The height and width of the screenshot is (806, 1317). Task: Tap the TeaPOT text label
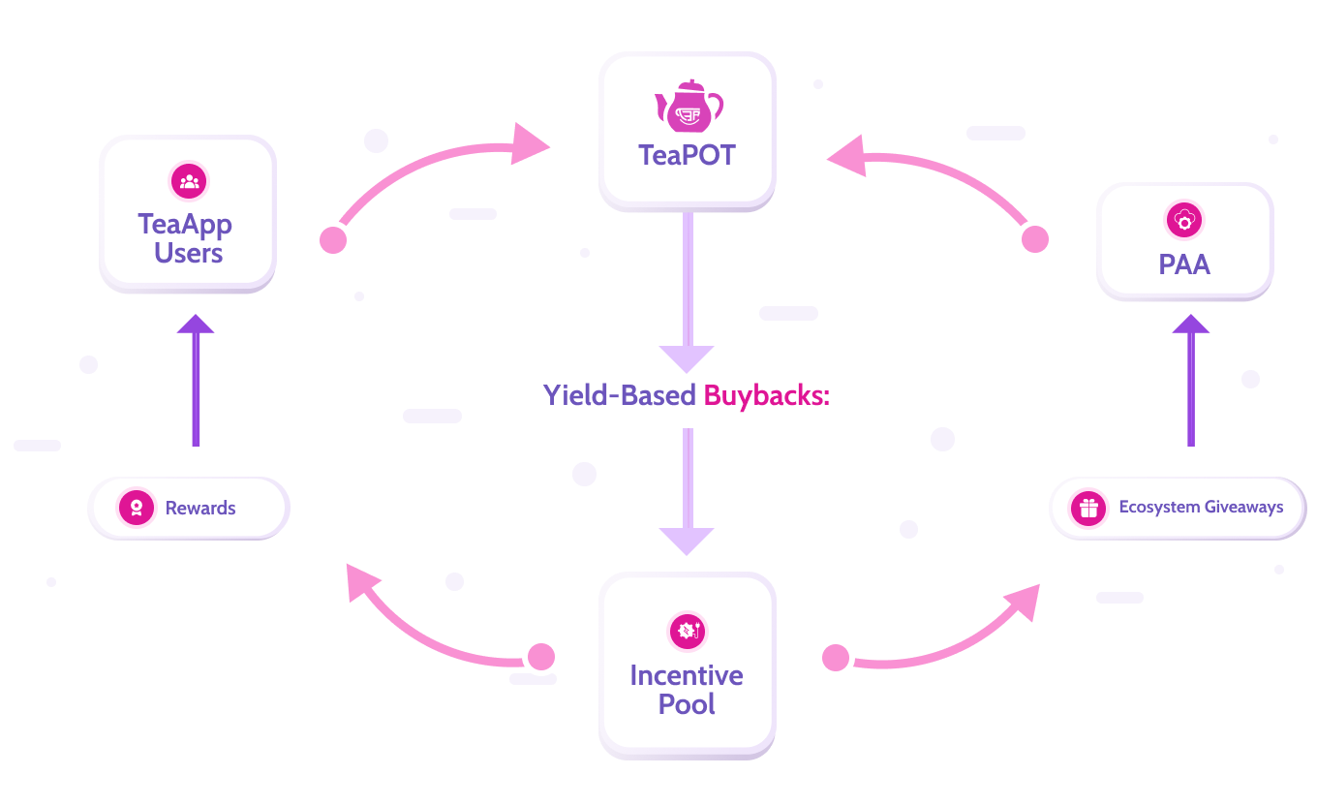(687, 155)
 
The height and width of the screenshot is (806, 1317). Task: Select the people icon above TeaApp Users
(189, 181)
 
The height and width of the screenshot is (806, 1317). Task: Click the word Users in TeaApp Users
(189, 254)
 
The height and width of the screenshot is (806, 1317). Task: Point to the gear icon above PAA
(1183, 221)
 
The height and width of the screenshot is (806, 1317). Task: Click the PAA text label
(1184, 264)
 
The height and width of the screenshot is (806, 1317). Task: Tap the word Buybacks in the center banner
(767, 395)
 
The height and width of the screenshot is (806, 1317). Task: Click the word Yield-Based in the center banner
(619, 395)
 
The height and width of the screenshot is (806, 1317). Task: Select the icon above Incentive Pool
(688, 632)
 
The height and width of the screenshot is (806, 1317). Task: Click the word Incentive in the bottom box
(687, 675)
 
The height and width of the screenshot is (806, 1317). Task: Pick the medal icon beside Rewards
(137, 508)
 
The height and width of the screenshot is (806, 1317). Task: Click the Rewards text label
(200, 509)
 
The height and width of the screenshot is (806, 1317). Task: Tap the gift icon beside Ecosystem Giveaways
(1088, 508)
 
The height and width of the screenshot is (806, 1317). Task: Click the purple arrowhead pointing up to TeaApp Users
(196, 325)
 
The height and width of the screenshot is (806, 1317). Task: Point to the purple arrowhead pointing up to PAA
(1191, 325)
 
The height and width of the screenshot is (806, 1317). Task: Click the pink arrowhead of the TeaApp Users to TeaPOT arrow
(529, 143)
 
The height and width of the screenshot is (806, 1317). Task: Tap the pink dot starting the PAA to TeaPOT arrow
(1035, 239)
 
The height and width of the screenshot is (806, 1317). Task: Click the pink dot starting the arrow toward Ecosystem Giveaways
(835, 659)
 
